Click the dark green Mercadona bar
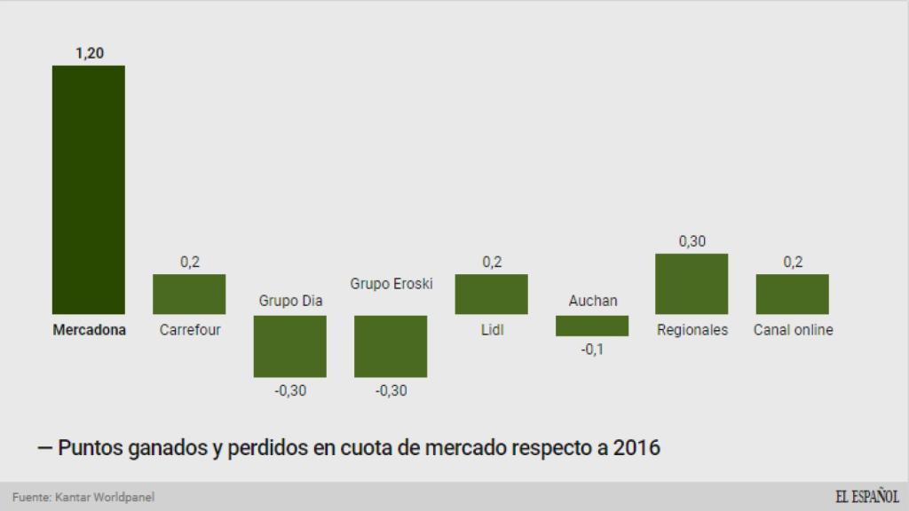click(x=89, y=189)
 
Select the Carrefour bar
click(x=189, y=294)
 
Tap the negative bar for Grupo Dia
click(x=290, y=346)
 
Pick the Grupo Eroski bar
click(x=391, y=346)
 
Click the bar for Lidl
click(x=492, y=294)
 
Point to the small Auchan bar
click(x=592, y=326)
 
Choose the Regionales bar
click(x=692, y=284)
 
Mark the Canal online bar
click(x=793, y=294)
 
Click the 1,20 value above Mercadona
click(x=89, y=53)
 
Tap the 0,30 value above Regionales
click(x=692, y=241)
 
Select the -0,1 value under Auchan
click(x=592, y=350)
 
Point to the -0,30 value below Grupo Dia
click(x=290, y=390)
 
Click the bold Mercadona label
click(x=89, y=330)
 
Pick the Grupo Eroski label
click(x=391, y=284)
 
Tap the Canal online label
click(x=794, y=330)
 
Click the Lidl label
click(x=492, y=330)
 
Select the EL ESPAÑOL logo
click(x=866, y=497)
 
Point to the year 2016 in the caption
click(x=635, y=448)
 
